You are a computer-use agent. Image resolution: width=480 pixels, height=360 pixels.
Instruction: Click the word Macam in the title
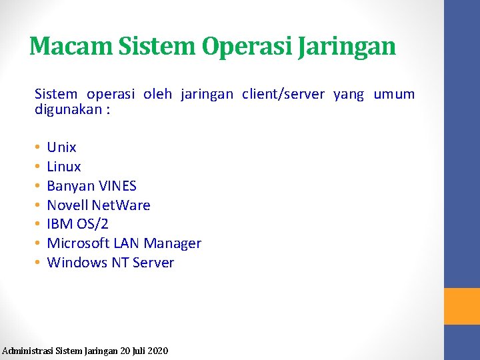(x=71, y=46)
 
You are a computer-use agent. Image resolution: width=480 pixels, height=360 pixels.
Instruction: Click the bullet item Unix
(x=62, y=147)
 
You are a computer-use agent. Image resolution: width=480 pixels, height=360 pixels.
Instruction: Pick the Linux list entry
(x=64, y=167)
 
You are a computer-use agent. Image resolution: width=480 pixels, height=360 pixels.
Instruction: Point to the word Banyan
(x=71, y=186)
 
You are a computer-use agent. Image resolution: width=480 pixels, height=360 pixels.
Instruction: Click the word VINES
(x=117, y=186)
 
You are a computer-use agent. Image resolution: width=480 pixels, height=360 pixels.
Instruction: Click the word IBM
(x=59, y=224)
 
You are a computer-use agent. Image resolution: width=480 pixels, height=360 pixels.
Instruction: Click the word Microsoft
(x=78, y=243)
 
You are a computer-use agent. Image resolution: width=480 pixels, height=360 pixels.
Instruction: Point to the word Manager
(x=172, y=243)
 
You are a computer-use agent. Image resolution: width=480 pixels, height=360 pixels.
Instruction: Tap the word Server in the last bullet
(x=153, y=263)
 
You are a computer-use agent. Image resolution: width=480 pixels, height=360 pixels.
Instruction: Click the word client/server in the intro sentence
(x=283, y=95)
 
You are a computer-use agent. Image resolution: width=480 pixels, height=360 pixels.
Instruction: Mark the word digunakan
(x=67, y=109)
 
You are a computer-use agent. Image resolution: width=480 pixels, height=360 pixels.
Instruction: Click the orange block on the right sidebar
(x=462, y=306)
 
